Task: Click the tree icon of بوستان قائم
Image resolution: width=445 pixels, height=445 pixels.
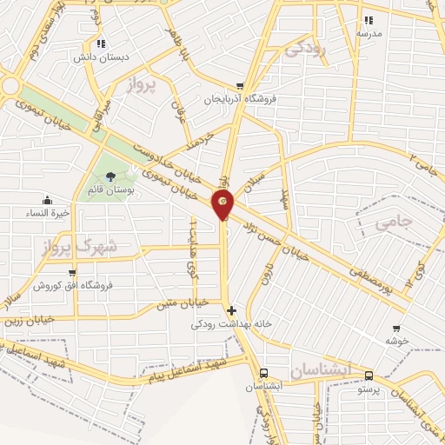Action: [110, 176]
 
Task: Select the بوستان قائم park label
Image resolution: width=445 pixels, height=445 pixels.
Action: [110, 189]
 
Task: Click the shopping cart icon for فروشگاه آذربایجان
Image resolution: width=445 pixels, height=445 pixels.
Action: [239, 86]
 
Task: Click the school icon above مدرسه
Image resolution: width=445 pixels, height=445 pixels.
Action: [369, 19]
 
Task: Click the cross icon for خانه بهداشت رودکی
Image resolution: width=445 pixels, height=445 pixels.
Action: [230, 310]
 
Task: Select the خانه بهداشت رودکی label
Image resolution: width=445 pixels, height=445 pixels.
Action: [232, 324]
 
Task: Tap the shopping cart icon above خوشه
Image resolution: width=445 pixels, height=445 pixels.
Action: [396, 329]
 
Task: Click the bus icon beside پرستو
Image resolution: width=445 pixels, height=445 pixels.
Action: [370, 376]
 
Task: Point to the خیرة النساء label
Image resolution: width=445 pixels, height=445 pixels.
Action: [46, 213]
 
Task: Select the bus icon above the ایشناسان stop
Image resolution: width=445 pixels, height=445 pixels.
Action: [262, 372]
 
